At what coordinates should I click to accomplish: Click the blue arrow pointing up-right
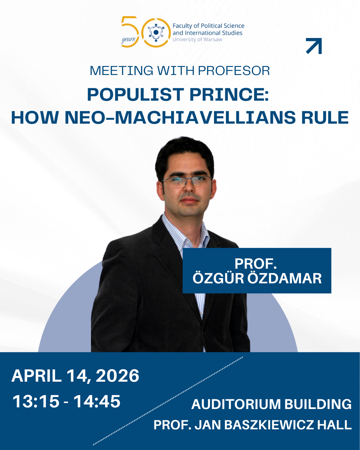pyautogui.click(x=314, y=46)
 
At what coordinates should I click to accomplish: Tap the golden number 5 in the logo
pyautogui.click(x=130, y=31)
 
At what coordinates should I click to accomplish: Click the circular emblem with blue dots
pyautogui.click(x=156, y=32)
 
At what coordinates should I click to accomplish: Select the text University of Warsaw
pyautogui.click(x=197, y=39)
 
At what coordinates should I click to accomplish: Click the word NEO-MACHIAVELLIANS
pyautogui.click(x=180, y=118)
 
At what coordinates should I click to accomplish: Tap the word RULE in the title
pyautogui.click(x=325, y=118)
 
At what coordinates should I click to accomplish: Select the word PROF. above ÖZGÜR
pyautogui.click(x=256, y=263)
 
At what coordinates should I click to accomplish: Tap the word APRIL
pyautogui.click(x=37, y=376)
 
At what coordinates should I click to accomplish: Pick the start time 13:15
pyautogui.click(x=36, y=401)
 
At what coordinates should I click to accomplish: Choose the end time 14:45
pyautogui.click(x=97, y=401)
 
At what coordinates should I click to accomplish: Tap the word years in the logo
pyautogui.click(x=128, y=39)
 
